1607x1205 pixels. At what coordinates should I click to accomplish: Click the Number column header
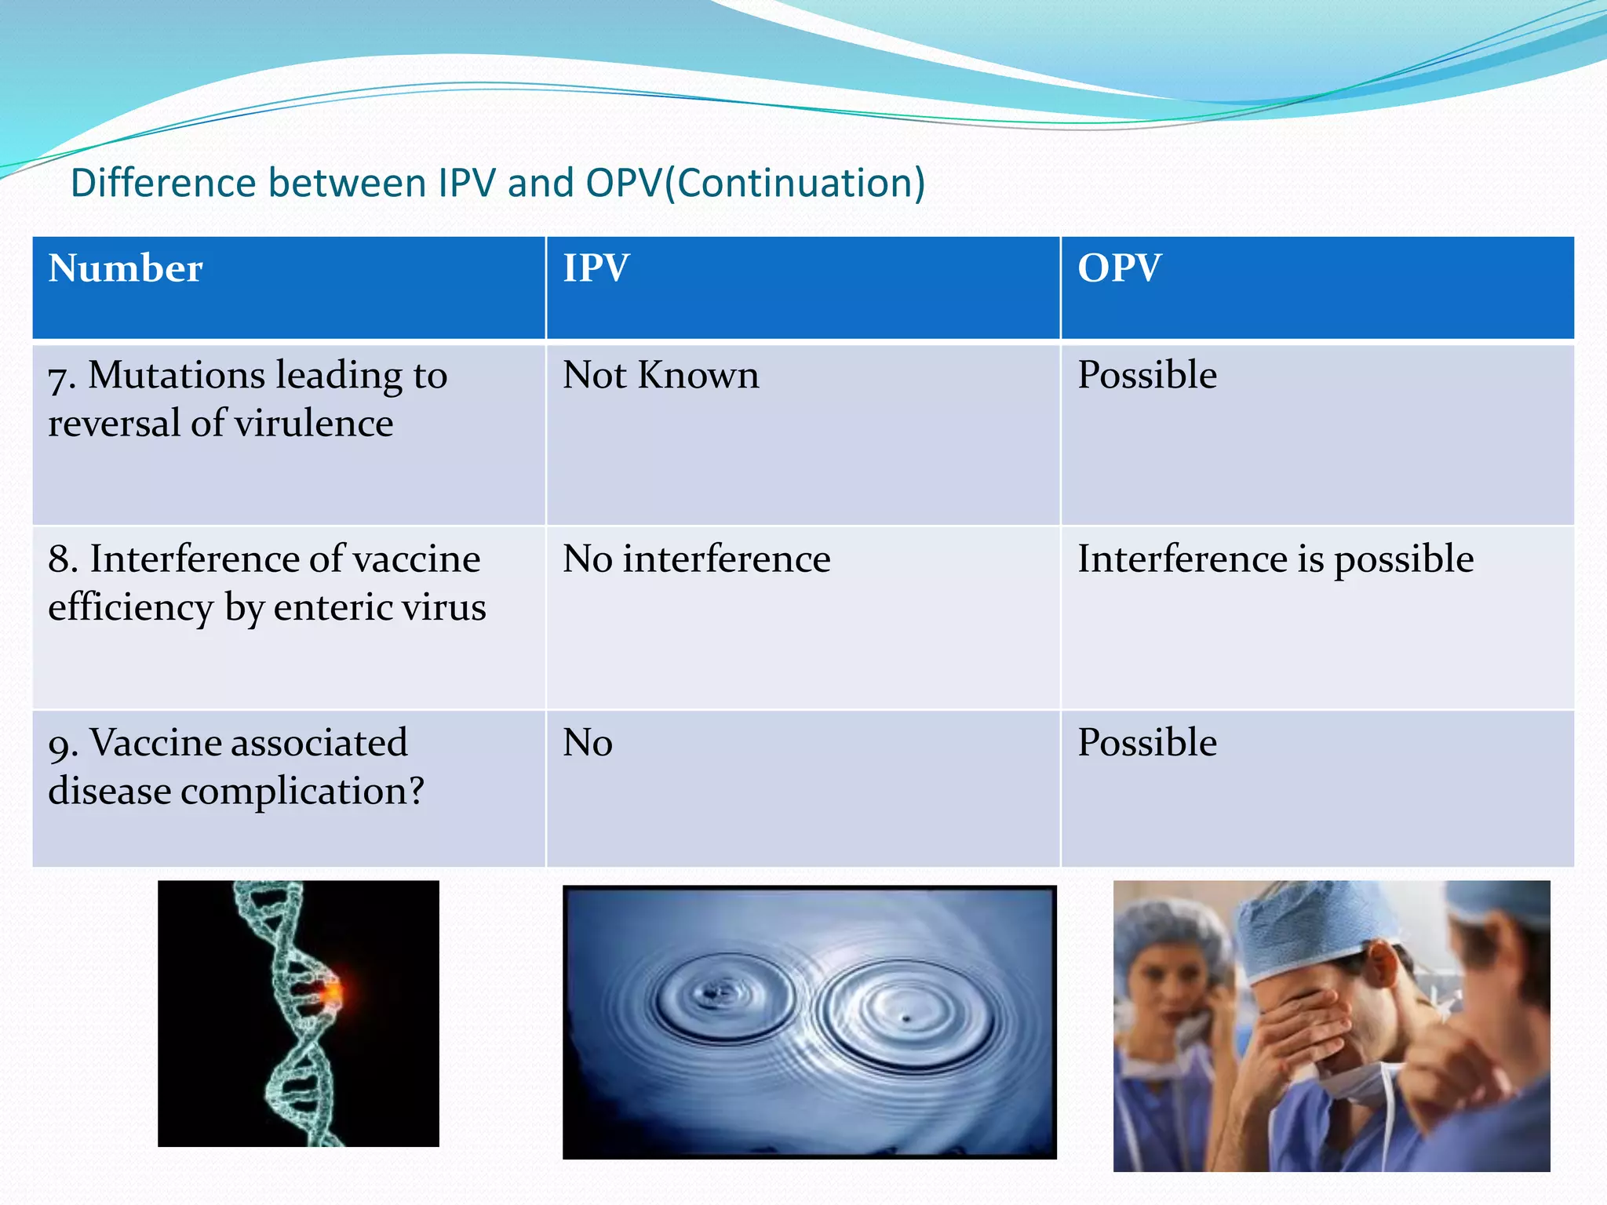coord(126,269)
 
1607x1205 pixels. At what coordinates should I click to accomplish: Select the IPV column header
coord(596,269)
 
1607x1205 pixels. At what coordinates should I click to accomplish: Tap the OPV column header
coord(1119,269)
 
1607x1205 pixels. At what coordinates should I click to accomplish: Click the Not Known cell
coord(661,375)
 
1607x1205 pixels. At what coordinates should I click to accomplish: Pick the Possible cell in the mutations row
coord(1146,375)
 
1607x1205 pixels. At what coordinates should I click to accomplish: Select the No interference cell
coord(696,559)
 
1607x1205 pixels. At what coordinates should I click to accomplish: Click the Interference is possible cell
coord(1275,559)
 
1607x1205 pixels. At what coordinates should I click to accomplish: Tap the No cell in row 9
coord(587,743)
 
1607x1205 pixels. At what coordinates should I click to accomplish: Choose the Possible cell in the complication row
coord(1146,743)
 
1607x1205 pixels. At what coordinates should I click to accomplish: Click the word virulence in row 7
coord(314,424)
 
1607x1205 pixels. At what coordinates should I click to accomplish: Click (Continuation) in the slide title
coord(795,183)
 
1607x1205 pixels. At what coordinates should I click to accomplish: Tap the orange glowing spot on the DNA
coord(334,993)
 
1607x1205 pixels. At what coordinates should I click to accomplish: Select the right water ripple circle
coord(902,1016)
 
